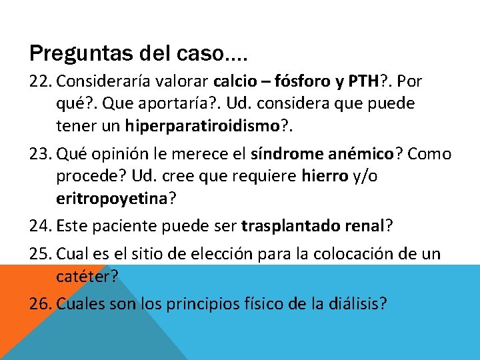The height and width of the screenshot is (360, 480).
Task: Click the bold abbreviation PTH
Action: click(360, 81)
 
